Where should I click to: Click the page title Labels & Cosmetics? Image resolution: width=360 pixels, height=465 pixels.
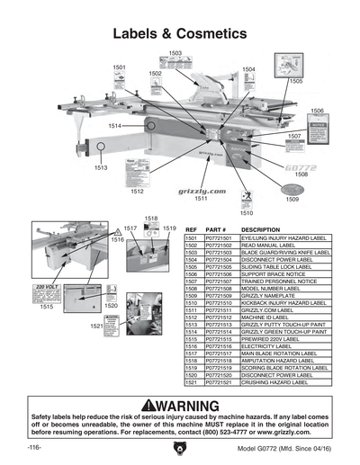tap(179, 33)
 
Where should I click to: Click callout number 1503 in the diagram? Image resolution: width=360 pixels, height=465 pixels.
tap(175, 54)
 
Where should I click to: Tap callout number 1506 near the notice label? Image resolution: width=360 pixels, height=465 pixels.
tap(317, 111)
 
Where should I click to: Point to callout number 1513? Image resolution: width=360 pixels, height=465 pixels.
tap(100, 167)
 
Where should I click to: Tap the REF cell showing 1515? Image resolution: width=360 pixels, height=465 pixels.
tap(191, 339)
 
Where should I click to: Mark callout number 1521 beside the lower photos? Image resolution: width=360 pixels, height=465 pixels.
tap(96, 325)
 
